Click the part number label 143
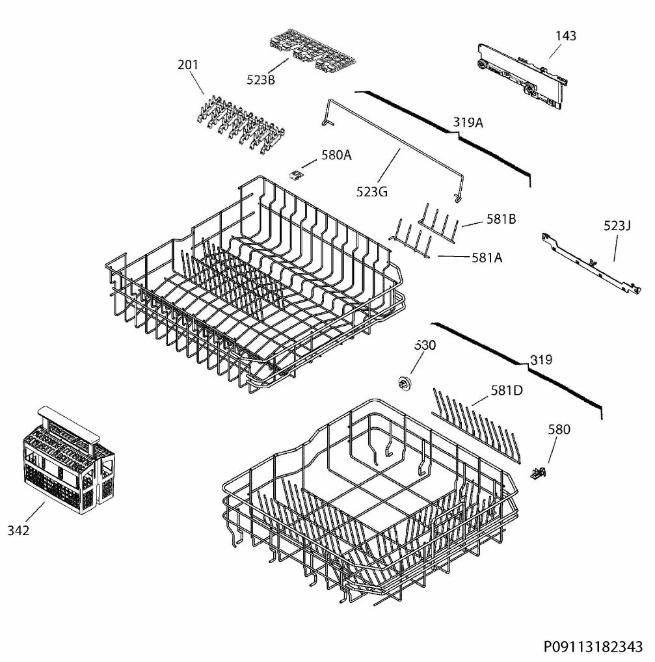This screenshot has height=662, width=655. [565, 36]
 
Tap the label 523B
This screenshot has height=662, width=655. [261, 79]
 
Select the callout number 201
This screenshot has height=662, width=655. [187, 64]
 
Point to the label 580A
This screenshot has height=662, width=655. [336, 155]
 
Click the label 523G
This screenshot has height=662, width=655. [371, 192]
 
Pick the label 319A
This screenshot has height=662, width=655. [468, 122]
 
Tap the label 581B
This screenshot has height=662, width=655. [501, 219]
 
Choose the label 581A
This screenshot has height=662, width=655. [487, 258]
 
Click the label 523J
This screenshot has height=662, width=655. [617, 226]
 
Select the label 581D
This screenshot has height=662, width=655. [507, 391]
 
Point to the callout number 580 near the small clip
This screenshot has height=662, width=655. [559, 429]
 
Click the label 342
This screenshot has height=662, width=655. [19, 530]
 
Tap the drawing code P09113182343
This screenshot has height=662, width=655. [593, 647]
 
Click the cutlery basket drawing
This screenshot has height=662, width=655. [68, 460]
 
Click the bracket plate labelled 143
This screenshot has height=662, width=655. [522, 76]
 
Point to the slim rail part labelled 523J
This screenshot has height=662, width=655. [591, 263]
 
